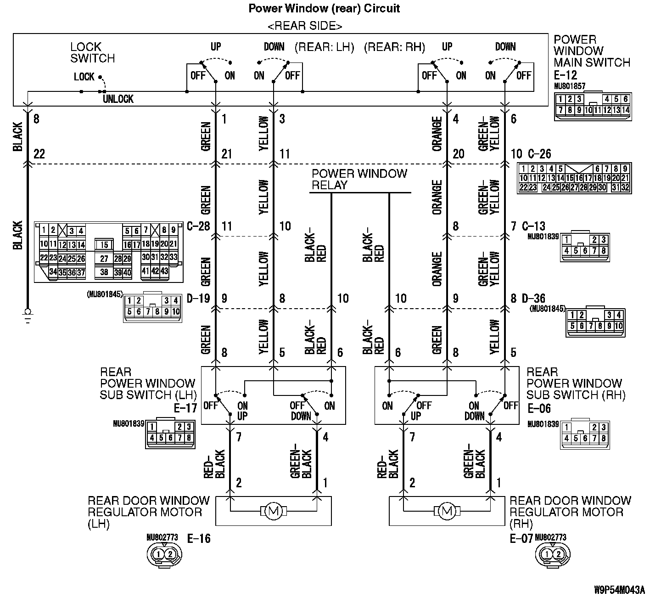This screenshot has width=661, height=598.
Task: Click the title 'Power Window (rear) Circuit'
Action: click(324, 8)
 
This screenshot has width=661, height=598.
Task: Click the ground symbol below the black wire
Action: click(28, 316)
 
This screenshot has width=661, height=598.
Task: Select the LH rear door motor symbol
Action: click(274, 510)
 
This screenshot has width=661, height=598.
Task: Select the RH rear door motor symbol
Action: click(447, 510)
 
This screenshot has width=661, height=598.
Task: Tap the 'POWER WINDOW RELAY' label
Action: click(359, 180)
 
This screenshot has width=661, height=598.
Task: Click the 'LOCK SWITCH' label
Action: click(92, 52)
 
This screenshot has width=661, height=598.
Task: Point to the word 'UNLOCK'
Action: click(118, 99)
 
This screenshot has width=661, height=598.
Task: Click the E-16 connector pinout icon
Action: click(164, 555)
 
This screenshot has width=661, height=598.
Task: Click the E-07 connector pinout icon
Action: click(553, 555)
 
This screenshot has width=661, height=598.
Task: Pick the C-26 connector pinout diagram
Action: click(574, 178)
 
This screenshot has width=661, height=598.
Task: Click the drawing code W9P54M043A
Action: click(619, 589)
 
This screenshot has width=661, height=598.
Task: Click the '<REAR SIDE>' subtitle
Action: click(305, 26)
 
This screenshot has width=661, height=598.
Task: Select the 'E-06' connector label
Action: click(539, 408)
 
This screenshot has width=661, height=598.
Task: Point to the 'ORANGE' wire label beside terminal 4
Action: click(437, 134)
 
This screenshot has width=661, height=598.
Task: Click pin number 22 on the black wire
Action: click(39, 154)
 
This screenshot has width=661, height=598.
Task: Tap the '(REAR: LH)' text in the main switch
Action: click(324, 47)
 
